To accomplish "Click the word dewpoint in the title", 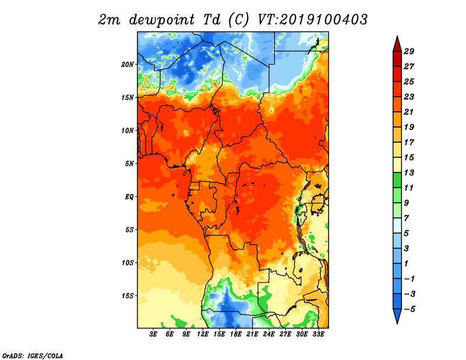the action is (x=162, y=20).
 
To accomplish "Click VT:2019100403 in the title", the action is (x=313, y=20).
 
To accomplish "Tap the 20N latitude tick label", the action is (x=128, y=65).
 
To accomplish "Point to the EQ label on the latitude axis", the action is (x=129, y=197).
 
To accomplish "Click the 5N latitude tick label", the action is (x=129, y=164).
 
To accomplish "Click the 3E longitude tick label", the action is (x=153, y=334).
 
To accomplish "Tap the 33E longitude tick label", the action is (x=318, y=334).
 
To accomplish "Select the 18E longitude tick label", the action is (x=236, y=334).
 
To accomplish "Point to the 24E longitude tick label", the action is (x=269, y=334).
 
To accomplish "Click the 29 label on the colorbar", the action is (x=409, y=51).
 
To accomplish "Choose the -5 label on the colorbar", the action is (x=409, y=309).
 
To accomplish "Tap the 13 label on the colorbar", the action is (x=409, y=172).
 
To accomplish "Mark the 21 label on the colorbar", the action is (x=409, y=112).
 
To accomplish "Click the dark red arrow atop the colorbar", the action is (x=397, y=44).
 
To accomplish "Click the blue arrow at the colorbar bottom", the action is (x=397, y=316).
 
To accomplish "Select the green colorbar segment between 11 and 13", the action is (x=397, y=180).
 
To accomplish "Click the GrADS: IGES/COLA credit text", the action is (x=33, y=356).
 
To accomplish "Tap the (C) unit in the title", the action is (x=238, y=20).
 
